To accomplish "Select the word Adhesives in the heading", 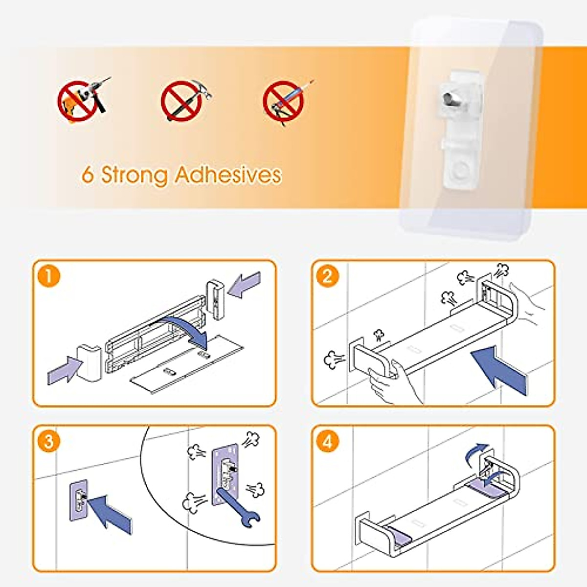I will [228, 175].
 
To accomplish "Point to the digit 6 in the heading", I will [88, 175].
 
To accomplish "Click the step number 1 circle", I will [49, 276].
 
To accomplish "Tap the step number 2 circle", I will [327, 276].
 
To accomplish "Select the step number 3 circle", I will [49, 442].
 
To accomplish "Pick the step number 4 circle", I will [327, 442].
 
